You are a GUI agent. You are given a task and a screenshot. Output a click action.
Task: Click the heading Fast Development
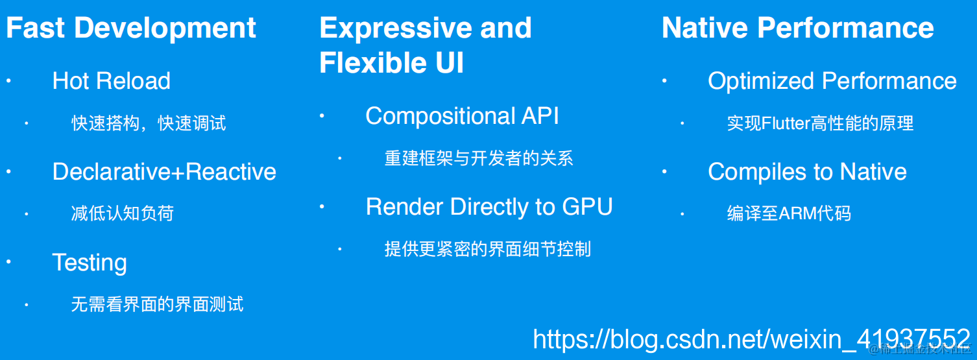[131, 29]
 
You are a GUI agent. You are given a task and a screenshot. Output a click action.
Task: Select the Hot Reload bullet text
[111, 81]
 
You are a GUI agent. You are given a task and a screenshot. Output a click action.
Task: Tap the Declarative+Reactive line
[164, 172]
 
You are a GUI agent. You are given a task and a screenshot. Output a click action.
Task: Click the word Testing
[90, 263]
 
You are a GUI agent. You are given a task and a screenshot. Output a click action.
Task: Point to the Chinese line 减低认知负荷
[123, 213]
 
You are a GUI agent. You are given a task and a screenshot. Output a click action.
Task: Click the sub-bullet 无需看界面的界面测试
[157, 304]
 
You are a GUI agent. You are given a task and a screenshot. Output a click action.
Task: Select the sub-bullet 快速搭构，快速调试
[149, 123]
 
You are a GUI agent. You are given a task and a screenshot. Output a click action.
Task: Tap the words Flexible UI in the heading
[391, 64]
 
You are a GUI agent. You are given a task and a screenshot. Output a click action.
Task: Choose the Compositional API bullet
[462, 116]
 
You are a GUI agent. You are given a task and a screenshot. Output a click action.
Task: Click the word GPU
[587, 207]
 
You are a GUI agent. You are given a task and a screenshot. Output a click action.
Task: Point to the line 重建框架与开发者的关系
[479, 158]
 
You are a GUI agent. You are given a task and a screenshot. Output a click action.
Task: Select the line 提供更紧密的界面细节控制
[487, 249]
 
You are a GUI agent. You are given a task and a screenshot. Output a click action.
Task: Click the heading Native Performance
[797, 29]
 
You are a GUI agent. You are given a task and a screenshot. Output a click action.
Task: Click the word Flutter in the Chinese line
[784, 123]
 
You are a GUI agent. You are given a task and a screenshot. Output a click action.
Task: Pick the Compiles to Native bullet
[807, 172]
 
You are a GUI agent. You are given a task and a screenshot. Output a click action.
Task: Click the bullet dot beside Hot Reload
[9, 81]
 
